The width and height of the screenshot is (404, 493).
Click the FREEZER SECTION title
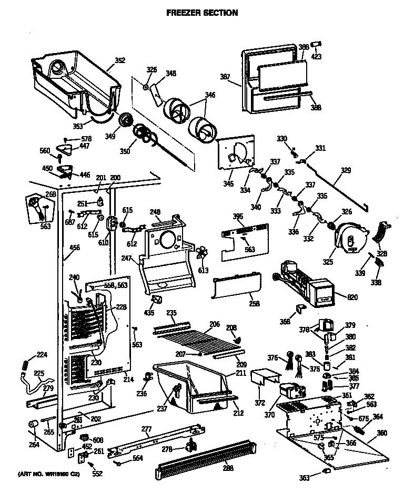[202, 13]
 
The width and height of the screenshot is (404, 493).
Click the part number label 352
[120, 60]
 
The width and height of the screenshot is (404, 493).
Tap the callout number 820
[352, 297]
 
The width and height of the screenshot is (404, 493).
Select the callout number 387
[225, 77]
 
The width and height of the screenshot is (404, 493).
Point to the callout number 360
[382, 433]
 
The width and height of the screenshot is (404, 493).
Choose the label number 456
[75, 248]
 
